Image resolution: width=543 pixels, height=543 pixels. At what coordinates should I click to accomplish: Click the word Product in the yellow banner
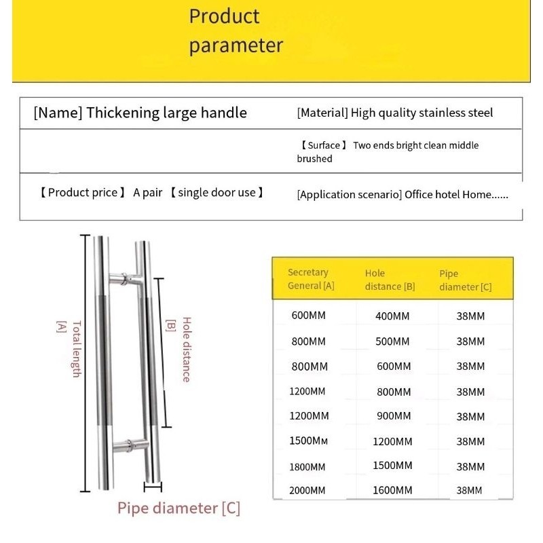224,16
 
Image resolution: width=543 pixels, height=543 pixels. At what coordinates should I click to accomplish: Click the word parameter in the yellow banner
236,46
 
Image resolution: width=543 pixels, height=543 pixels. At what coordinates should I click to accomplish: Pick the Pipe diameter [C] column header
466,280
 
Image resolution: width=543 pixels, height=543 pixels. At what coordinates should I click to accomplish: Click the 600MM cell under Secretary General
309,316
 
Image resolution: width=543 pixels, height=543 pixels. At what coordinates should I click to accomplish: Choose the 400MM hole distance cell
392,316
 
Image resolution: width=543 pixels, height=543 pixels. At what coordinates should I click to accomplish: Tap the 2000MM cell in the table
307,490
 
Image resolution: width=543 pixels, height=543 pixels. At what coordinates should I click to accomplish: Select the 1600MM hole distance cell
392,490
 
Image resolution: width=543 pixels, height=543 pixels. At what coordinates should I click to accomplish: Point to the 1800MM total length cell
307,467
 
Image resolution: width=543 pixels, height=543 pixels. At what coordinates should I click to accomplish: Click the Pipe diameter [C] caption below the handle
179,508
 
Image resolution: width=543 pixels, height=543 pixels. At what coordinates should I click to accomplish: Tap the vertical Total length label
76,349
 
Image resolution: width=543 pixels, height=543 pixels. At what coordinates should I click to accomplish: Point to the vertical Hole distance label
186,350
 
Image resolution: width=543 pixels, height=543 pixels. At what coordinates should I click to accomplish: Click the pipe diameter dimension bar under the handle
153,486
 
